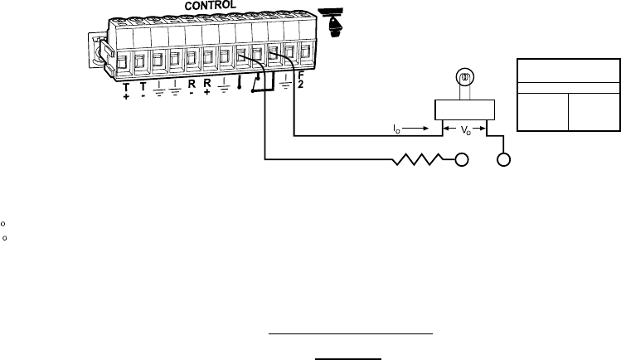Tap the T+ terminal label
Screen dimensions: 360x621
coord(127,90)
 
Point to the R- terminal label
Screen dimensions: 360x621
coord(192,90)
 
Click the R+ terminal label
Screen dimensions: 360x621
coord(207,90)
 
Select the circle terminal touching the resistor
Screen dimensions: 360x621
coord(461,158)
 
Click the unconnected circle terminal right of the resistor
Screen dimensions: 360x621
coord(503,158)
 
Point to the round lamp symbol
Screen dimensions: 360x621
coord(465,80)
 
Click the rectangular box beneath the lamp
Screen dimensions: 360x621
coord(465,109)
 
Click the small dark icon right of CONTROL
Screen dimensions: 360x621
coord(335,22)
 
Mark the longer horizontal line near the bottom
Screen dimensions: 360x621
coord(351,333)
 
